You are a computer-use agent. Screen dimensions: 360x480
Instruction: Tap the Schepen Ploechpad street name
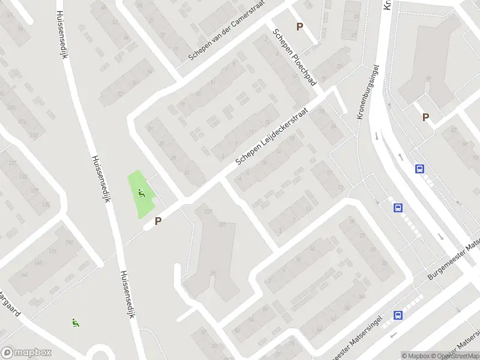(x=294, y=56)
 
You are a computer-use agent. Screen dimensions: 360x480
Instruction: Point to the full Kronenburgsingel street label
(x=368, y=92)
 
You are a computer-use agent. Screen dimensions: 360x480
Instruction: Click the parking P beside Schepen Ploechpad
(x=299, y=27)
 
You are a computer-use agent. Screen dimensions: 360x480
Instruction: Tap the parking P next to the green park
(x=158, y=221)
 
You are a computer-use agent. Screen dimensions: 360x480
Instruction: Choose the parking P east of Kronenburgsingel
(x=426, y=118)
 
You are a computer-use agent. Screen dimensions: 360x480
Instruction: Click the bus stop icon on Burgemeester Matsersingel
(x=397, y=315)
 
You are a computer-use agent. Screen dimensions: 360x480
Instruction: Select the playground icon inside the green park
(x=142, y=193)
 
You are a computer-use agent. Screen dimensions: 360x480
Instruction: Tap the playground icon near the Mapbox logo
(x=76, y=322)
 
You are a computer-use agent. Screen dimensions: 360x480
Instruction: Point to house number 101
(x=222, y=226)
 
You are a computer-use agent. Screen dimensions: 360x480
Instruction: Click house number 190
(x=69, y=242)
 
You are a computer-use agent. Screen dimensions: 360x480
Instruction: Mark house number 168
(x=38, y=262)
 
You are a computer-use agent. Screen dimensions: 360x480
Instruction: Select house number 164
(x=24, y=274)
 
